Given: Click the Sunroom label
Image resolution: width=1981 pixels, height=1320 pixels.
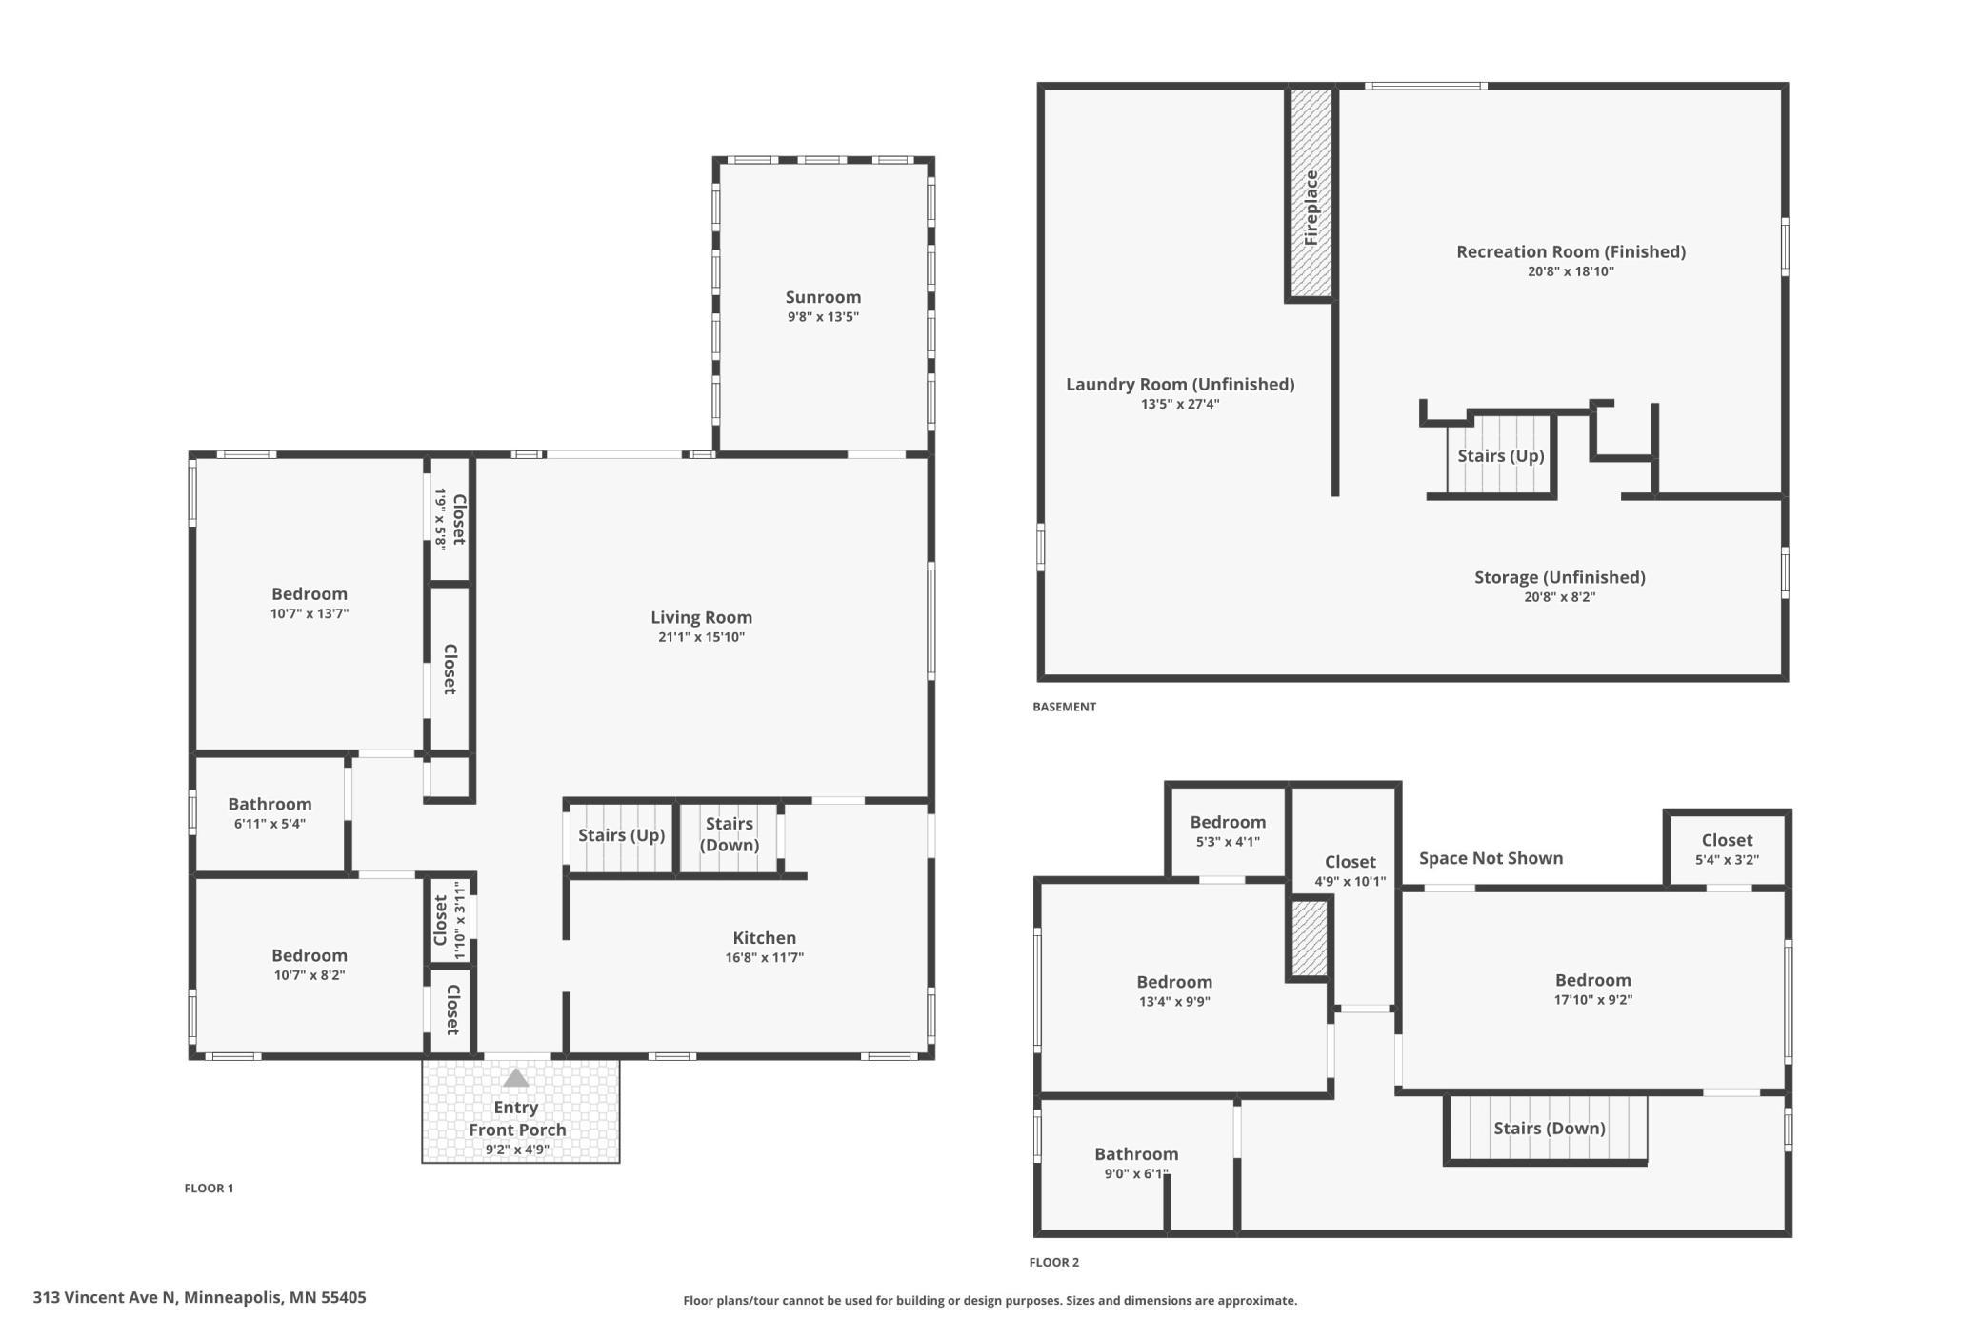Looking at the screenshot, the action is click(823, 297).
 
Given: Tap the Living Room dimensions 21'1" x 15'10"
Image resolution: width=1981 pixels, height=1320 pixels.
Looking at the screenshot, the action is click(701, 637).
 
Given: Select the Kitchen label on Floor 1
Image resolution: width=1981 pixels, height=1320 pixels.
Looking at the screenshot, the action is click(764, 938).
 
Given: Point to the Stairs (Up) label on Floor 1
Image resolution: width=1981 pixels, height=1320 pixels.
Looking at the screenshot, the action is click(621, 835).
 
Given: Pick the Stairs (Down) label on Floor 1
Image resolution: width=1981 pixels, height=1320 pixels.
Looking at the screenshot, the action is click(730, 834).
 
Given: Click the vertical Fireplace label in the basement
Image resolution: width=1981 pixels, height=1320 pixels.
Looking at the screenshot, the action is click(1311, 208).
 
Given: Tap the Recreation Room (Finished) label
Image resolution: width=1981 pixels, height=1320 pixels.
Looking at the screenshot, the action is click(1571, 251).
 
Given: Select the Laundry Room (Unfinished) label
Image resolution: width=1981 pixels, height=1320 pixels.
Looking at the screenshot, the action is click(1180, 384).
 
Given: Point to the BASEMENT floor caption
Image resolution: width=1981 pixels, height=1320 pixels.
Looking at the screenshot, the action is click(1064, 707).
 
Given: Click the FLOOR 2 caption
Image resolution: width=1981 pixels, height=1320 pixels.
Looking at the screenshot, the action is click(1053, 1262).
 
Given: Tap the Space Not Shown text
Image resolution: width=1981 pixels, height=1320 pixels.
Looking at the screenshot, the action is click(1491, 858).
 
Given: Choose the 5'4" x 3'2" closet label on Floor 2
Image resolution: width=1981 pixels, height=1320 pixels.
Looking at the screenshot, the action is click(1727, 859).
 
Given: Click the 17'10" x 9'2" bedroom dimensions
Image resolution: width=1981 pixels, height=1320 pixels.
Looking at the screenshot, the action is click(1592, 1000).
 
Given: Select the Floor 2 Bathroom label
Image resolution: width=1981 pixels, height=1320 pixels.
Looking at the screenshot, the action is click(1136, 1154).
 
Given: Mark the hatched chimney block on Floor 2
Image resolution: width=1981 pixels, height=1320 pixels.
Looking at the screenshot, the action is click(1310, 938).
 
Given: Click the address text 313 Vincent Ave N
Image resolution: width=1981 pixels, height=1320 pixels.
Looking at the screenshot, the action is click(105, 1297).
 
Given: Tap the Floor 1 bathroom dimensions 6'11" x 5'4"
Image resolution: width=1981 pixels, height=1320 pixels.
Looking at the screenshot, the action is click(270, 824).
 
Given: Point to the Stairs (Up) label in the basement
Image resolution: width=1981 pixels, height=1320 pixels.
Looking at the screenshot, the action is click(1501, 456).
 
